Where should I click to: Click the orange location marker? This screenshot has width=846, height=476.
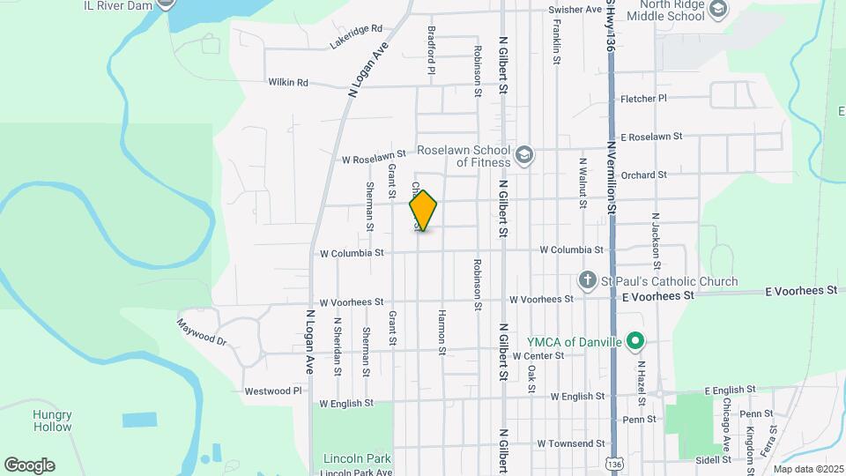424,210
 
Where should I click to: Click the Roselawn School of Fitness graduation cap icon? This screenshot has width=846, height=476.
524,155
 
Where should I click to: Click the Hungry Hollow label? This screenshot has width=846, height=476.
52,420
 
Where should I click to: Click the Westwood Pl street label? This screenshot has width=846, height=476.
273,390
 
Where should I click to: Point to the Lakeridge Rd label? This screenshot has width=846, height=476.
357,36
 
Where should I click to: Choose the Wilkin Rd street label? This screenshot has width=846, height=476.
289,83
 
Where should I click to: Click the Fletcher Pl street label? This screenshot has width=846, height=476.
644,99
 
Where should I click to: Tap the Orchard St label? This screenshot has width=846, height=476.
643,175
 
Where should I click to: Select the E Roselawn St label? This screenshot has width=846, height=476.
652,138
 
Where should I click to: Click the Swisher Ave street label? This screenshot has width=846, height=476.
575,10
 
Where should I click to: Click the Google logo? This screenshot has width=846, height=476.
29,465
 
